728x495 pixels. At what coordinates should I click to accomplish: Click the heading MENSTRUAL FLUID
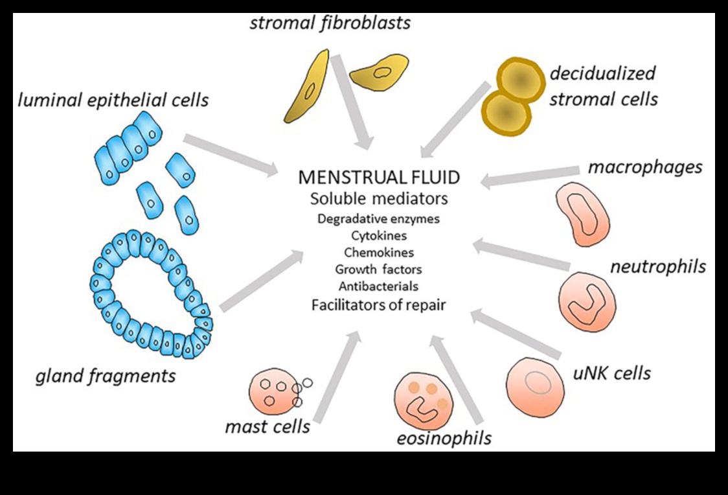(x=379, y=178)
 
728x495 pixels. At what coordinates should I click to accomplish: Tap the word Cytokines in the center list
(x=379, y=235)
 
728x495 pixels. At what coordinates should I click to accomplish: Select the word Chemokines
(x=379, y=252)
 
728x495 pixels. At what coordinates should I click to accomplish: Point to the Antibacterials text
(x=379, y=286)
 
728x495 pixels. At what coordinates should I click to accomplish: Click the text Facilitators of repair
(x=379, y=304)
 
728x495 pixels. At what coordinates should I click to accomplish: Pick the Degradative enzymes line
(x=379, y=218)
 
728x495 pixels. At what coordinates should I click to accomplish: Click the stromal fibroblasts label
(x=330, y=23)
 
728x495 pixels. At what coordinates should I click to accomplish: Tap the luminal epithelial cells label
(x=113, y=100)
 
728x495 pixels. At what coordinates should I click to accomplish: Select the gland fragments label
(x=106, y=375)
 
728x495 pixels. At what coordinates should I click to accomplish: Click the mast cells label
(x=267, y=426)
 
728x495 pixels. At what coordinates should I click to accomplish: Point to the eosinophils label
(x=444, y=438)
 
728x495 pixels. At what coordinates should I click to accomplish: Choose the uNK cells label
(x=611, y=373)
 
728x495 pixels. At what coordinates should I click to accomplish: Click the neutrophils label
(x=657, y=266)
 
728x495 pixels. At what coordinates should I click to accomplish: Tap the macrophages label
(x=644, y=167)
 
